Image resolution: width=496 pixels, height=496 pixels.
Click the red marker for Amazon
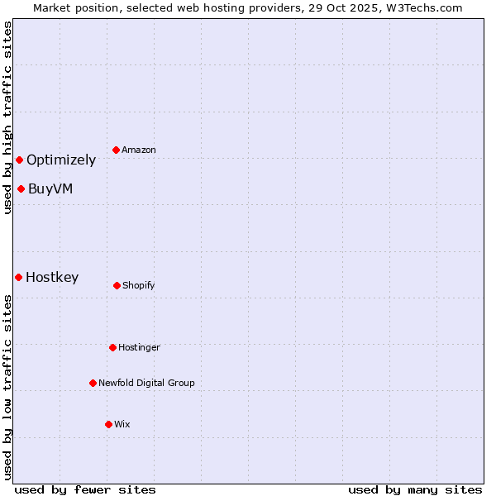pos(117,150)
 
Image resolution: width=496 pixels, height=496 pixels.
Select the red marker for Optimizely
pos(19,160)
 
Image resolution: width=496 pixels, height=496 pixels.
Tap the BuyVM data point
pos(21,188)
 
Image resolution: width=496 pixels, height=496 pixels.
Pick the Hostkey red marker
pos(18,277)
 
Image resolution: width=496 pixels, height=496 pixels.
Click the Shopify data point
pos(117,285)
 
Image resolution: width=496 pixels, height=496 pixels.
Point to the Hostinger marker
pos(112,347)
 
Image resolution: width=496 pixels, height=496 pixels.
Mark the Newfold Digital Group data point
pos(93,383)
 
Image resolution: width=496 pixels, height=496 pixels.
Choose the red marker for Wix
pos(108,424)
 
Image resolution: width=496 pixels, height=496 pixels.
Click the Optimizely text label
pos(61,160)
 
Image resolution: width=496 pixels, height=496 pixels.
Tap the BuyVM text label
pos(50,188)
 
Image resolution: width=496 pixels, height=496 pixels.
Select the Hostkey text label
pos(52,278)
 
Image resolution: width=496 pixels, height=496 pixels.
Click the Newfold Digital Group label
pos(146,383)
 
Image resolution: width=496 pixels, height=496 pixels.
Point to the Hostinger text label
pos(139,347)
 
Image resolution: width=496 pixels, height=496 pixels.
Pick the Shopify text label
pos(138,285)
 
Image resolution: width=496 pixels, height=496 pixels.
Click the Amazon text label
pos(139,150)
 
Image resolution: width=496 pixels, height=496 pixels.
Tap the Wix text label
pos(122,424)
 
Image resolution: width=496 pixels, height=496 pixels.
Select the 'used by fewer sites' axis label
pos(85,489)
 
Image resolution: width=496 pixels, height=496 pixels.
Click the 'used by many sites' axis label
pos(415,489)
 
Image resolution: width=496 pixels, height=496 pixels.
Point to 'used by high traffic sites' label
pos(7,117)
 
